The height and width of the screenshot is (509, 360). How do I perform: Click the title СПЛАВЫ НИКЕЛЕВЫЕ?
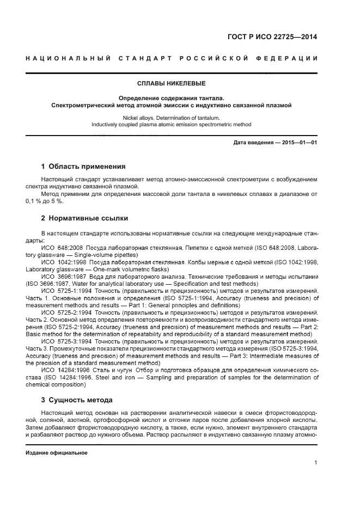coord(171,84)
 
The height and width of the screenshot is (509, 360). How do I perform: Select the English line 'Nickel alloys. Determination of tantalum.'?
coord(171,117)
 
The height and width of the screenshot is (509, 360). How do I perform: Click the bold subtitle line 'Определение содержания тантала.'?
coord(171,98)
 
